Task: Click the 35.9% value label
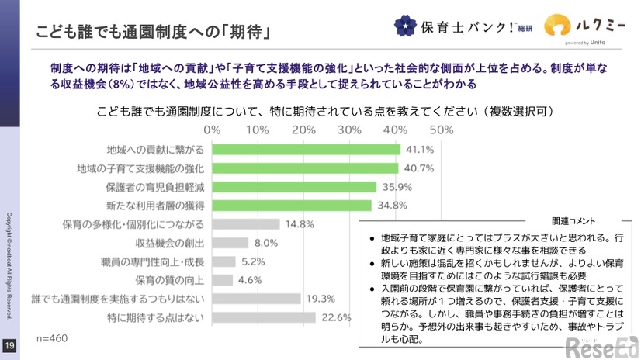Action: pos(396,187)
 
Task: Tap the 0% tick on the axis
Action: pos(212,128)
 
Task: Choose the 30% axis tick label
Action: pos(349,128)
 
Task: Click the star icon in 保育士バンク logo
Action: pos(404,26)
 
